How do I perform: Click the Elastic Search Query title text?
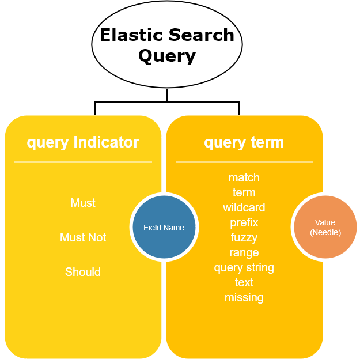click(167, 45)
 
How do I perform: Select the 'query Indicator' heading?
click(83, 142)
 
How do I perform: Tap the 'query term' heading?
click(244, 142)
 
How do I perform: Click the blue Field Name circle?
click(164, 227)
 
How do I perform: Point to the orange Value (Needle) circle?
click(325, 227)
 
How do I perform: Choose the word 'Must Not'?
click(83, 237)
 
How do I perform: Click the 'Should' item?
click(83, 272)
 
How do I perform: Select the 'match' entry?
click(244, 178)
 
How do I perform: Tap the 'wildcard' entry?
click(244, 207)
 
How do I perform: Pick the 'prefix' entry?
click(244, 223)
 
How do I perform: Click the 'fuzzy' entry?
click(244, 238)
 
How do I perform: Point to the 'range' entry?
click(244, 253)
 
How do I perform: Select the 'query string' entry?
click(244, 268)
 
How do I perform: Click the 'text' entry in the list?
click(244, 282)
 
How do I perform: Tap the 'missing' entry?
click(244, 298)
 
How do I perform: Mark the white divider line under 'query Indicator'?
click(83, 162)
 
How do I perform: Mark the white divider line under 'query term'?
click(244, 162)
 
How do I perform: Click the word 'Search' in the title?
click(201, 35)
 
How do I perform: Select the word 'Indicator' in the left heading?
click(106, 142)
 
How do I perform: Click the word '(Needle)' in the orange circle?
click(325, 232)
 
